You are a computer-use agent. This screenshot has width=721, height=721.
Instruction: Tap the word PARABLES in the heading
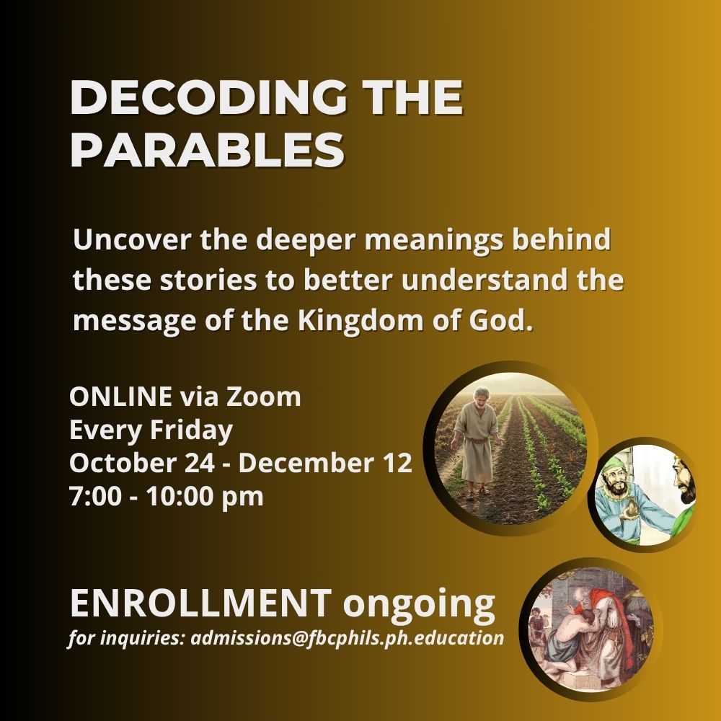[x=208, y=151]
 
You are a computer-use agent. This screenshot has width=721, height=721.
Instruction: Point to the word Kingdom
[x=360, y=320]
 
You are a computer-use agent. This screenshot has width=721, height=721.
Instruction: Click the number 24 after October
[x=200, y=463]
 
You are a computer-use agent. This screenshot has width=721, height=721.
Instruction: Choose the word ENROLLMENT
[x=201, y=603]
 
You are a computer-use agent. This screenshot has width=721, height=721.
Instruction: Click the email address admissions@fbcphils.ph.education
[x=348, y=638]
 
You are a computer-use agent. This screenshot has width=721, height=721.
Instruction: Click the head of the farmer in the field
[x=481, y=397]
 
